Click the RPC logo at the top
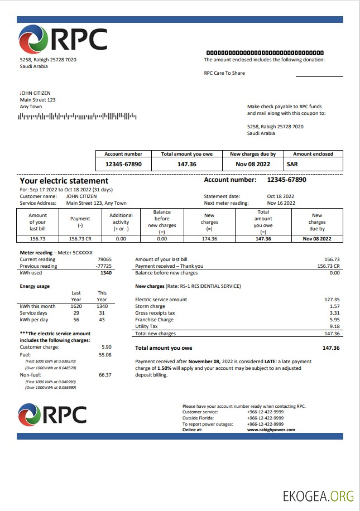63,40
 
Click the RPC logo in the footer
52,414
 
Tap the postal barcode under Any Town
78,116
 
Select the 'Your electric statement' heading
64,181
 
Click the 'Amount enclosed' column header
313,154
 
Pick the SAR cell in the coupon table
292,165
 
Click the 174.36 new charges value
209,239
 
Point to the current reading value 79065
104,259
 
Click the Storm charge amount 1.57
334,306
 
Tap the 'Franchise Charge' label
154,320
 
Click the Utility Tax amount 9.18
334,326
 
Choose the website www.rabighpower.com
271,430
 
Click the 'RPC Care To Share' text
224,73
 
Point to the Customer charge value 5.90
106,347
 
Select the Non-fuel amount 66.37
105,375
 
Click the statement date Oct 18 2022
280,196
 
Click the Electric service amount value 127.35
332,300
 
